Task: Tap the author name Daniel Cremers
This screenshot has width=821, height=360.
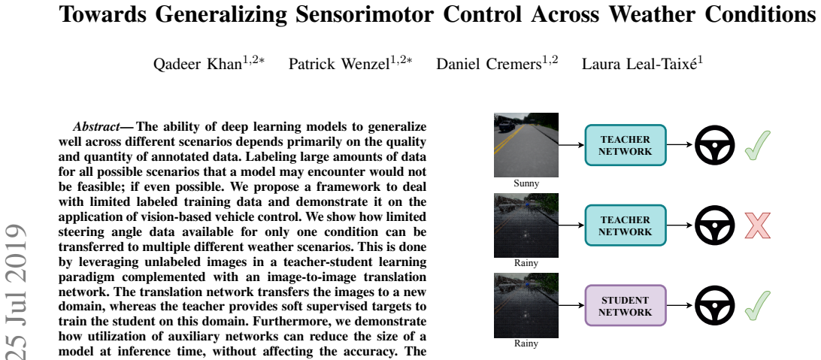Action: click(489, 65)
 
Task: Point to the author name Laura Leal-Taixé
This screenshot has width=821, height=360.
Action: click(638, 65)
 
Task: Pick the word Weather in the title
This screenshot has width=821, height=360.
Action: click(640, 14)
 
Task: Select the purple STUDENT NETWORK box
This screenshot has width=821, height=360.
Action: click(626, 306)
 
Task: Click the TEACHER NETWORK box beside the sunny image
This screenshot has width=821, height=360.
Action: click(626, 145)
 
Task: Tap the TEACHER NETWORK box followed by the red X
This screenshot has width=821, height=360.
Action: click(626, 225)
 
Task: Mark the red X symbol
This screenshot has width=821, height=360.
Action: click(757, 225)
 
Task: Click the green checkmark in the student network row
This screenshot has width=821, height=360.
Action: click(757, 305)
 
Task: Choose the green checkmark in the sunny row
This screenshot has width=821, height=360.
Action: click(757, 145)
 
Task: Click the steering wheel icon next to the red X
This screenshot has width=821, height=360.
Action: click(715, 225)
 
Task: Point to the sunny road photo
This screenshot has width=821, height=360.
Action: click(526, 145)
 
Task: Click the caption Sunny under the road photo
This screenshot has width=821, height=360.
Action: click(526, 183)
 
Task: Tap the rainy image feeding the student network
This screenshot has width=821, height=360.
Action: click(526, 305)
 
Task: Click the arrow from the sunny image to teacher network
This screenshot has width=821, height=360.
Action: click(571, 145)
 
